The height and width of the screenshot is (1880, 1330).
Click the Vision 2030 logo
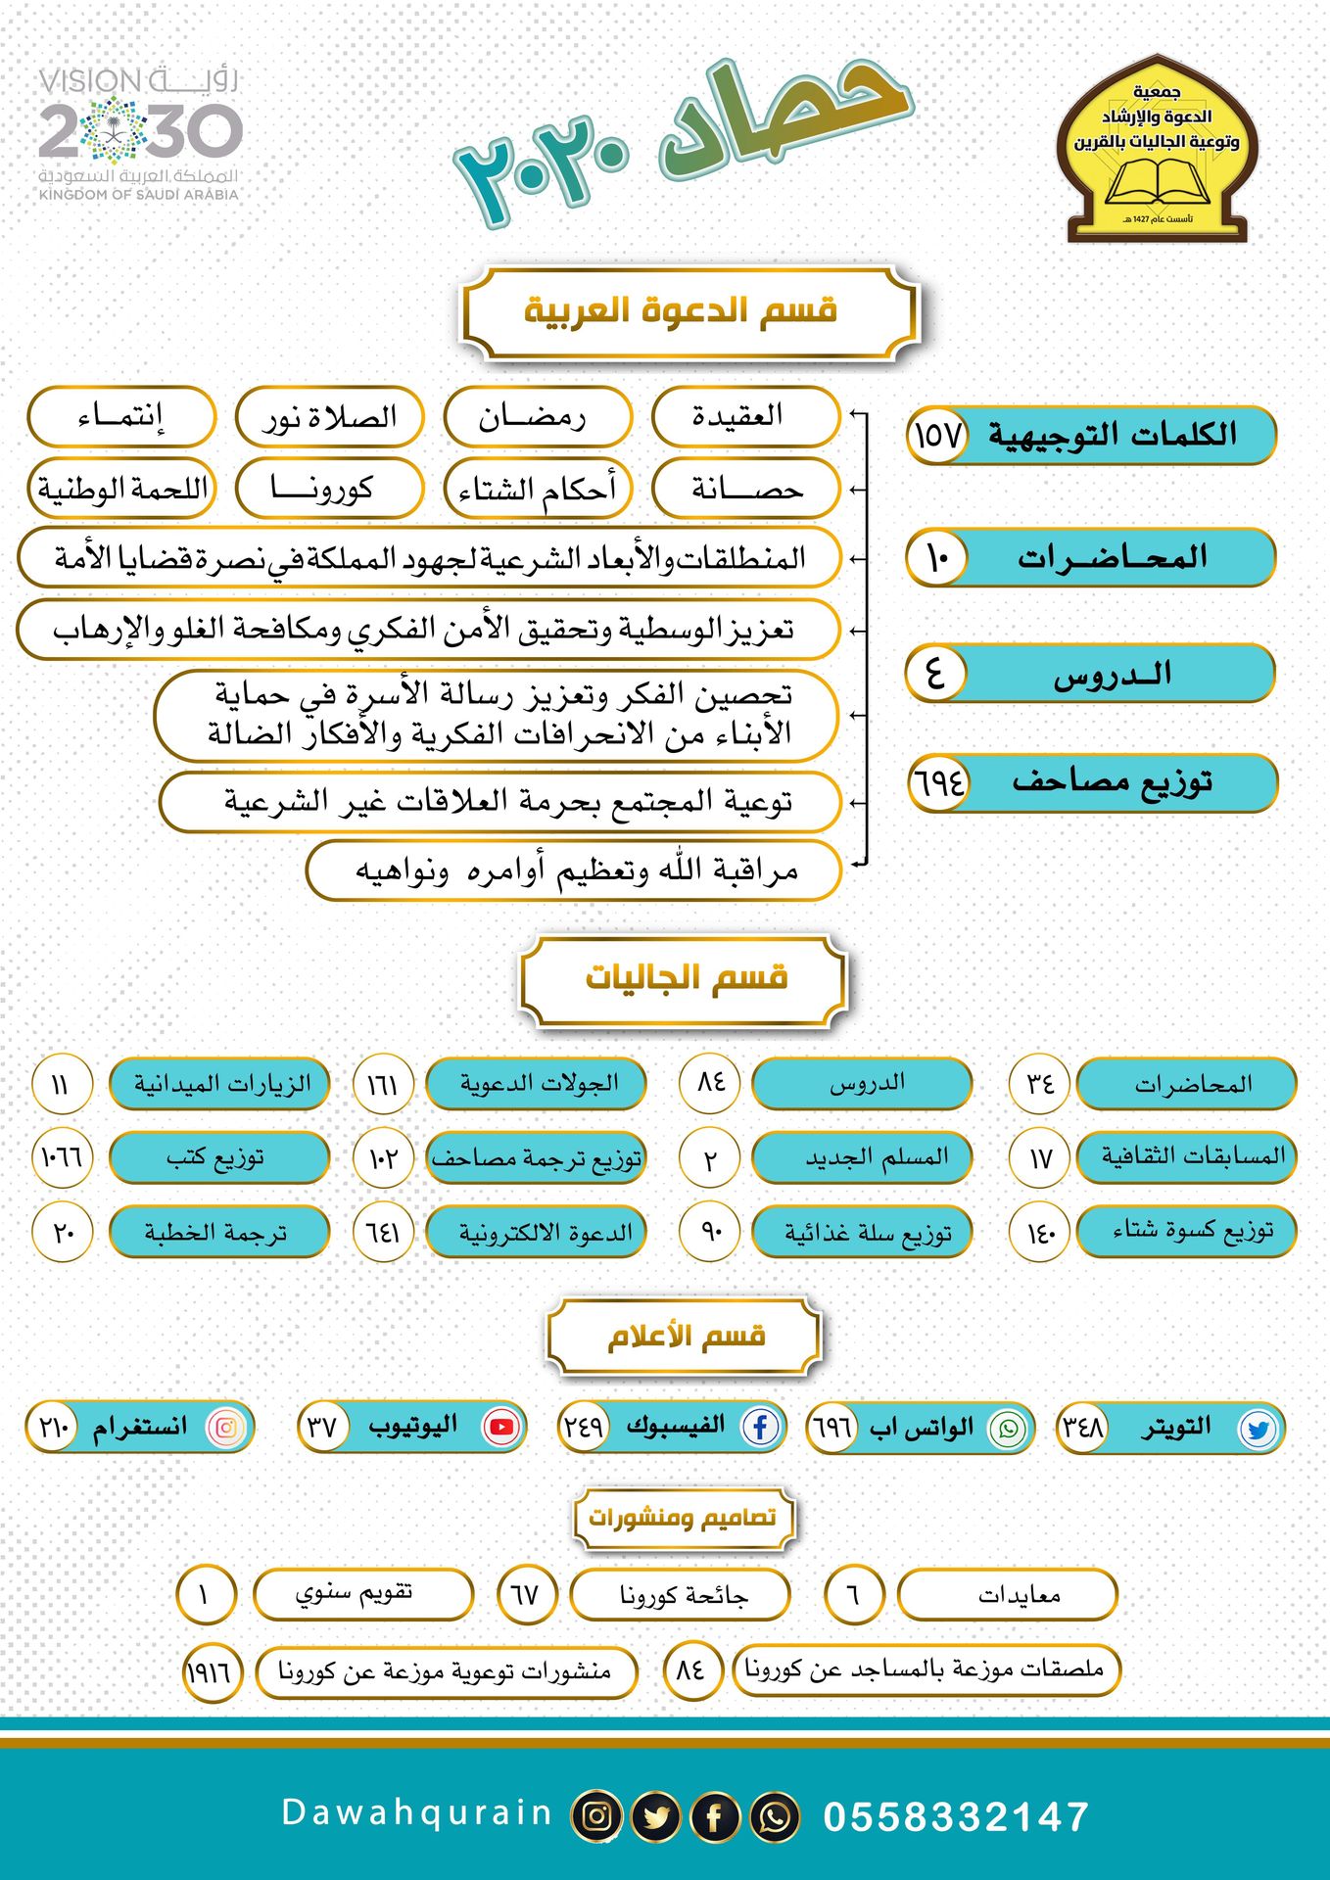tap(139, 133)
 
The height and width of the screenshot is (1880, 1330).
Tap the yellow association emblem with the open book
tap(1157, 149)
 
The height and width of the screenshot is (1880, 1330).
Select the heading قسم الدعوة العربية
tap(688, 311)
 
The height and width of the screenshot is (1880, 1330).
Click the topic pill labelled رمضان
tap(537, 416)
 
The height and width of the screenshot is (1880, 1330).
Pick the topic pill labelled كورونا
tap(329, 487)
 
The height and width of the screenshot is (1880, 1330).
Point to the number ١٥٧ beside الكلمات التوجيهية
tap(938, 434)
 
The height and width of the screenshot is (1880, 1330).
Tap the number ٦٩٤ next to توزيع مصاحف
tap(938, 782)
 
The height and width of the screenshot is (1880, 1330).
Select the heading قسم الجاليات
tap(685, 978)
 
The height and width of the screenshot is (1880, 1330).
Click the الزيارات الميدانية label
tap(219, 1084)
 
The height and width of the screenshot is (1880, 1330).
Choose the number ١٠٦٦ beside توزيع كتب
tap(62, 1157)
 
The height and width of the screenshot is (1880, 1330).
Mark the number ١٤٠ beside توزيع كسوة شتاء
tap(1039, 1232)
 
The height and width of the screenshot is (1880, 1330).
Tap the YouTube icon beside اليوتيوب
tap(500, 1427)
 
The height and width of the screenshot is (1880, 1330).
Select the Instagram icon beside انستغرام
tap(225, 1427)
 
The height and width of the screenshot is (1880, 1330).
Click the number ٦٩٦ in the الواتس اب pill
tap(832, 1428)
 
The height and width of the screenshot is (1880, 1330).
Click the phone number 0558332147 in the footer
tap(955, 1816)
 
